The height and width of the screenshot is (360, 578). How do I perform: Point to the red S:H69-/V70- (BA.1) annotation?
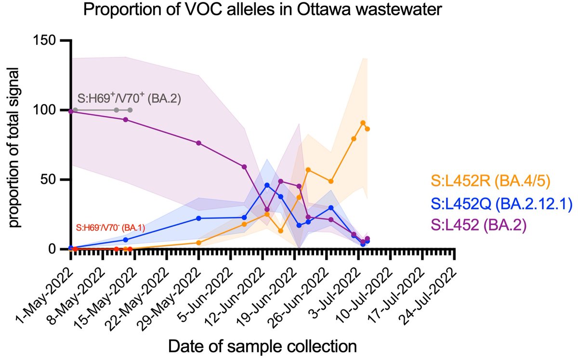110,226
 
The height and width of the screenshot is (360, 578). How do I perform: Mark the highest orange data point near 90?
363,123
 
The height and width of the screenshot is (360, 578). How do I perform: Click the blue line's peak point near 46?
267,185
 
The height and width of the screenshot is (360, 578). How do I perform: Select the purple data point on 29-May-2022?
198,143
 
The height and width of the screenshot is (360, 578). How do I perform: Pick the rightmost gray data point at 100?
130,110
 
